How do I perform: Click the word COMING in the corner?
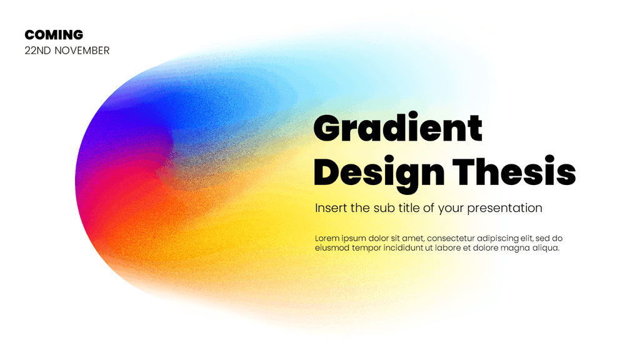[54, 35]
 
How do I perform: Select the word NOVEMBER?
[82, 51]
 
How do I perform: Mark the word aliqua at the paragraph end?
[544, 248]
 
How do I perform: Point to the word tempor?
[366, 248]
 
